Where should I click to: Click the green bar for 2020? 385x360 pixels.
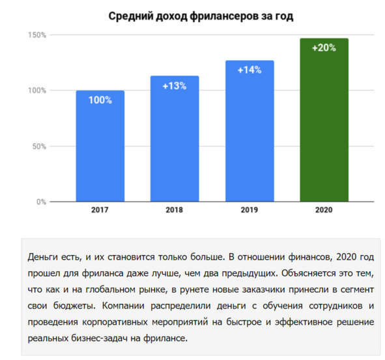click(x=324, y=120)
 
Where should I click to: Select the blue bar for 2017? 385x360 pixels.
click(x=100, y=146)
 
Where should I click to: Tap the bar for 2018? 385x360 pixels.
click(x=175, y=139)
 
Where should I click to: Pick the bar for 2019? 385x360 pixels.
click(x=250, y=131)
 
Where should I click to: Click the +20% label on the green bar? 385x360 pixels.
click(x=324, y=48)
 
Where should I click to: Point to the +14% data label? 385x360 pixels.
click(x=250, y=70)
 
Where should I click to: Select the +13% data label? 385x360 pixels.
click(x=175, y=86)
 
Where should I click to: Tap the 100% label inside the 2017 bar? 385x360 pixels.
click(x=100, y=100)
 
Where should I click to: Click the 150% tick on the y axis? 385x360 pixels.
click(x=37, y=35)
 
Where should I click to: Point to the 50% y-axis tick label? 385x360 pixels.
click(x=39, y=147)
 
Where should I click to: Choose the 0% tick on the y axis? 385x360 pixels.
click(x=41, y=202)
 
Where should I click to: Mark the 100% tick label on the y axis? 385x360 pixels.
click(x=37, y=91)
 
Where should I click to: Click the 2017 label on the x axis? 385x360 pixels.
click(x=100, y=210)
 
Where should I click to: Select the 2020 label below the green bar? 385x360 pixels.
click(x=324, y=210)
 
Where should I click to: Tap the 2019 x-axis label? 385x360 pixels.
click(x=250, y=210)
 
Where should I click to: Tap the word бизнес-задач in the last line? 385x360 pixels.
click(x=100, y=338)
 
